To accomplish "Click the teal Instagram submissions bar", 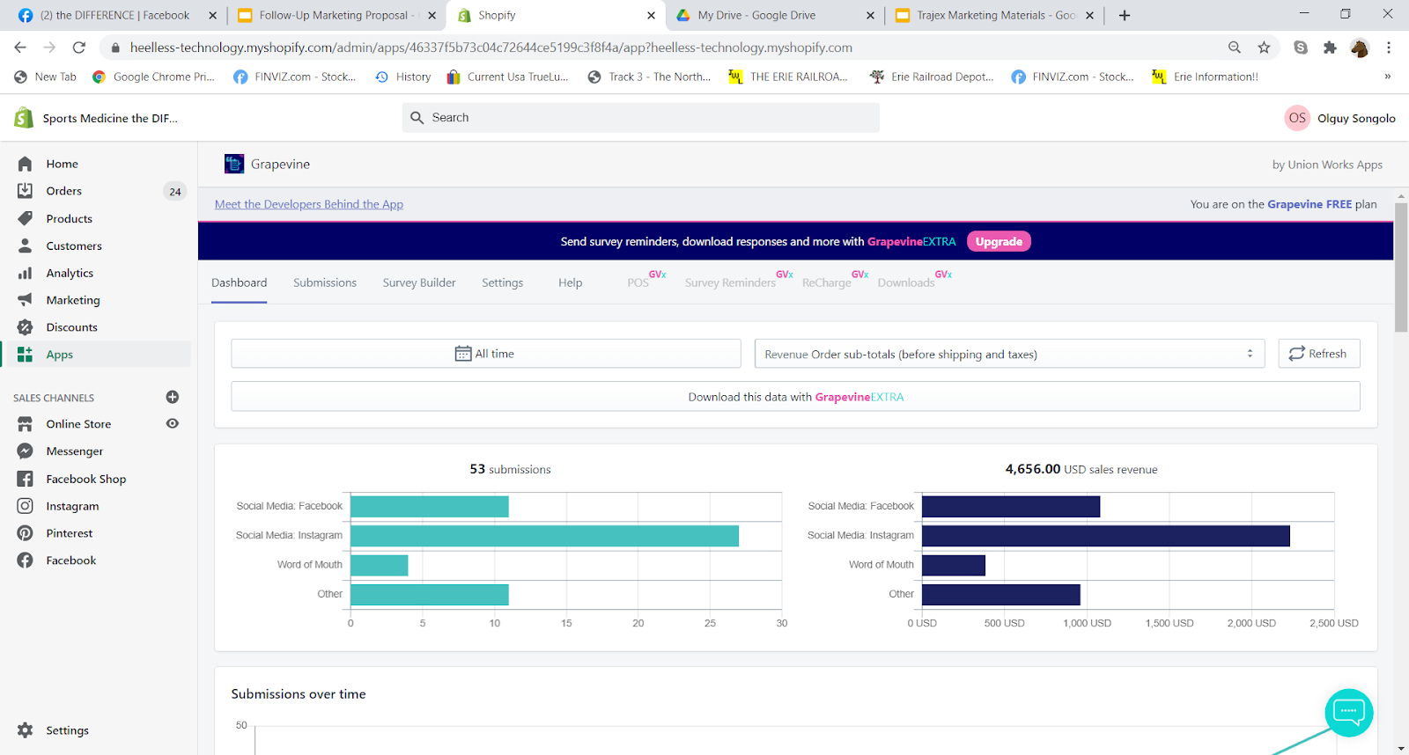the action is pos(544,536).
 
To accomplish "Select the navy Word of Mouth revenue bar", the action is pos(954,565).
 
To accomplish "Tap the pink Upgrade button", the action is pos(999,241).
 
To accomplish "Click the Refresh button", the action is pos(1319,353).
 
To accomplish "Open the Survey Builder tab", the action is pos(419,282).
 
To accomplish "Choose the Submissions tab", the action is pos(325,282).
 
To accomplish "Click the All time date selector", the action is pos(485,353).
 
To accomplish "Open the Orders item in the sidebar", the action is pos(63,191).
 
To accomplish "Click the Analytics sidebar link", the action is pos(70,273).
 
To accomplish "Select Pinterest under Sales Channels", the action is pos(70,533).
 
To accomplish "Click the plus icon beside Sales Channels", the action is pos(173,398).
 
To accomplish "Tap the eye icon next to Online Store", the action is pos(173,424).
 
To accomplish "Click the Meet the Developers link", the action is pos(309,204).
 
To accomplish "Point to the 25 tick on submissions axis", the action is pos(710,623).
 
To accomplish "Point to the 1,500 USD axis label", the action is pos(1169,623).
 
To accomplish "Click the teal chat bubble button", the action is pos(1348,712).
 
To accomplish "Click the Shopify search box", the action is pos(640,118).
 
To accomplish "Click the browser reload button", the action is pos(78,48).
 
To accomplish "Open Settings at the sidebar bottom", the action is pos(67,730).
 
